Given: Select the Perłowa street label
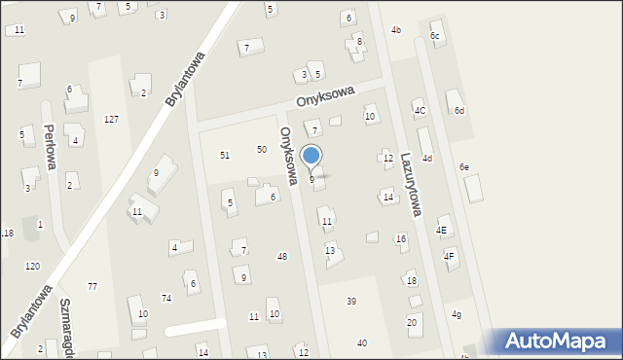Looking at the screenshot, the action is (x=49, y=147).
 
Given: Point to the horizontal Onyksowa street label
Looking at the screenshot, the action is (x=326, y=98).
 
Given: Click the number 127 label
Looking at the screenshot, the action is (x=112, y=119).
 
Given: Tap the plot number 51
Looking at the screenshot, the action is (x=225, y=155).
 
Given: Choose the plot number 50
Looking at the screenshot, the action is (x=262, y=149).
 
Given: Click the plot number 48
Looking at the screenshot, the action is (x=282, y=257).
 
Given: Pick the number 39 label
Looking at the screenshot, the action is (x=351, y=302).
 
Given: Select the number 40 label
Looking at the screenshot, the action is (x=362, y=343).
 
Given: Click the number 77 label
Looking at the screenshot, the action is (x=92, y=286).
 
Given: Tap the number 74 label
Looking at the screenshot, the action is (x=166, y=298).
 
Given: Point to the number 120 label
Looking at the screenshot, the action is (x=33, y=266).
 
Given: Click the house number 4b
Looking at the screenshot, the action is (x=396, y=30).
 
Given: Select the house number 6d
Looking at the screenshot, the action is (x=458, y=111).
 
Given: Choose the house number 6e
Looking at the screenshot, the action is (x=464, y=167).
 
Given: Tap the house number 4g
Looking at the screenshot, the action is (x=457, y=314).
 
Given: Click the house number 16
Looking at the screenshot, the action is (x=401, y=238).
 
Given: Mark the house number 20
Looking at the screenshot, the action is (x=412, y=322).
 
